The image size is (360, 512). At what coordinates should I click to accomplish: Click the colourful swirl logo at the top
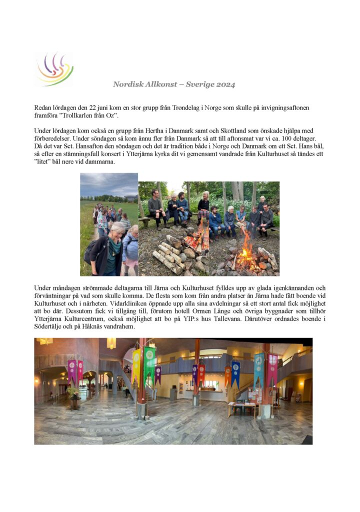(53, 69)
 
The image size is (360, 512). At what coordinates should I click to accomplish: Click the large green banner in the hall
(149, 364)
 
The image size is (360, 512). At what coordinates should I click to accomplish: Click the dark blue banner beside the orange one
(235, 373)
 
